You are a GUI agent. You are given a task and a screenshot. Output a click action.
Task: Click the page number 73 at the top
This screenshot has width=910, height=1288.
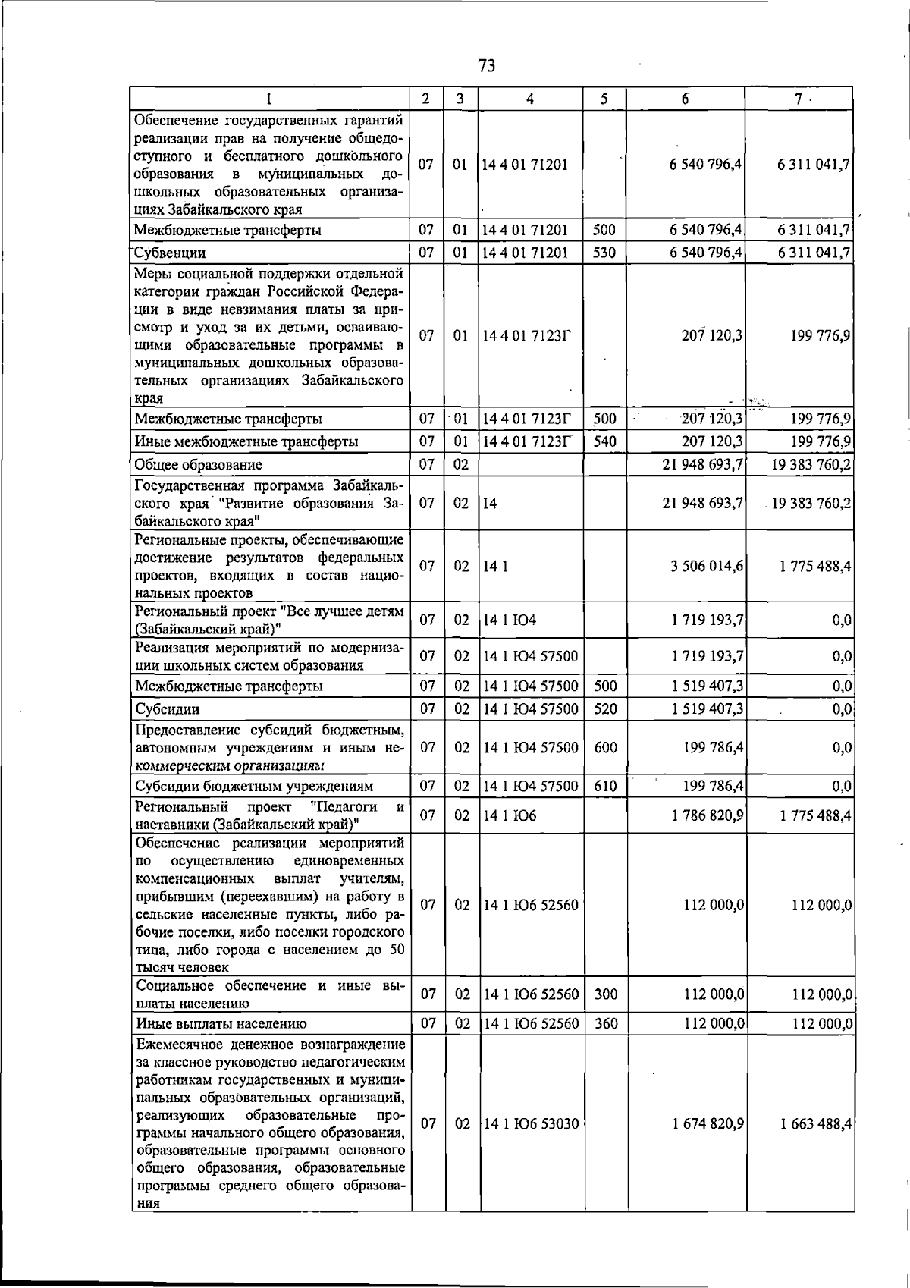click(x=487, y=66)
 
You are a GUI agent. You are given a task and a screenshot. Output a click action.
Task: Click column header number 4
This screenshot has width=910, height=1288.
click(x=530, y=99)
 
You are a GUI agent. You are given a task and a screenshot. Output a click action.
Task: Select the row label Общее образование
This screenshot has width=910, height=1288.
click(x=198, y=465)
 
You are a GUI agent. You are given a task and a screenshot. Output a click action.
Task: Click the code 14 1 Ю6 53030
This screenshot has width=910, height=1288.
click(x=531, y=1123)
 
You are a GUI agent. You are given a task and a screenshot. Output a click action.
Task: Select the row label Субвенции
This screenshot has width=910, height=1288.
click(x=170, y=253)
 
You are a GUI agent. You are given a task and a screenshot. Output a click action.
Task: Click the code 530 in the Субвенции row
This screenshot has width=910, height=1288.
click(x=604, y=253)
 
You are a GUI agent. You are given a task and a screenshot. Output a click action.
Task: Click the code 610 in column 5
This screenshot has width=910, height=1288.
click(x=605, y=786)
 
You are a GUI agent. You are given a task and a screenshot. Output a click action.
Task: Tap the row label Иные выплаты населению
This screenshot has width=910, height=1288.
click(x=221, y=1023)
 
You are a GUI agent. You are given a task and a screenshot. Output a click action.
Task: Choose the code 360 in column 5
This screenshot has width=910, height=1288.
click(x=605, y=1023)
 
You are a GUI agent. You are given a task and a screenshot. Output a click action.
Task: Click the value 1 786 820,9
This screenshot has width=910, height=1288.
click(x=707, y=815)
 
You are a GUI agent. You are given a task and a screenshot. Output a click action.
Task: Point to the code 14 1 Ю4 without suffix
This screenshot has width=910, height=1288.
click(x=510, y=620)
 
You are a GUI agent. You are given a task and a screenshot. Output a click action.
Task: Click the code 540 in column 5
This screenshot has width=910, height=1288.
click(x=604, y=441)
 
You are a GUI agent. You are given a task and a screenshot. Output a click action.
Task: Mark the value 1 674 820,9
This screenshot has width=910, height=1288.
click(x=707, y=1123)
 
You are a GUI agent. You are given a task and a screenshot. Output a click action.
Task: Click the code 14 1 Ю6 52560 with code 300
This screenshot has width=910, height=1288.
click(x=531, y=994)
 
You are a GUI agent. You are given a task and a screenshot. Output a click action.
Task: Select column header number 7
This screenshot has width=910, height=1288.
click(x=799, y=99)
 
